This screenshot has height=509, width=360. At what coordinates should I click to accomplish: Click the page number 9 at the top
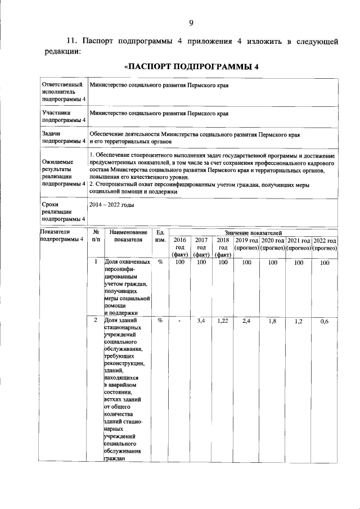(191, 23)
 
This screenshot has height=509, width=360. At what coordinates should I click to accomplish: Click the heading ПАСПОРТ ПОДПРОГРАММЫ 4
(191, 66)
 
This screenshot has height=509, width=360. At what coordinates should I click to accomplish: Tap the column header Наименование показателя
(128, 236)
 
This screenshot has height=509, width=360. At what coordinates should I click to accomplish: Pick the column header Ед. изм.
(160, 236)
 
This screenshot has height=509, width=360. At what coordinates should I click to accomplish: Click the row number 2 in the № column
(96, 320)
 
